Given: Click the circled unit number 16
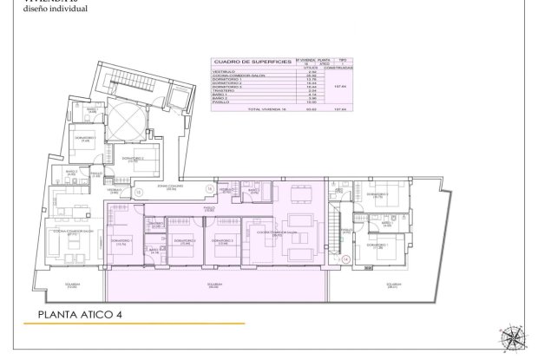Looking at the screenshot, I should (208, 188).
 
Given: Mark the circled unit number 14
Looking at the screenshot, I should (345, 259).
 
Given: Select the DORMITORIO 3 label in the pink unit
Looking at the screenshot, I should (223, 240).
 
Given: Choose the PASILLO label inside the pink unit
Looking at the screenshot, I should (209, 209).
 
